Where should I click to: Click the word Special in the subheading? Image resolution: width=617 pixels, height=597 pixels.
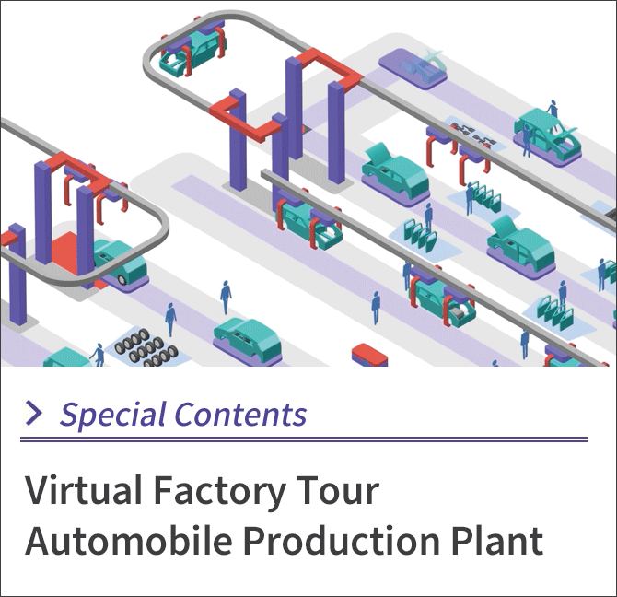pos(112,415)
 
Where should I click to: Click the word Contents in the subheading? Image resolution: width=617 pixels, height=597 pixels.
pos(240,414)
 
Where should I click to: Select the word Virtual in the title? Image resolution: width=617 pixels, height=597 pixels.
pos(84,490)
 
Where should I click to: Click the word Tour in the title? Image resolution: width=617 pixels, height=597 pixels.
pos(337,490)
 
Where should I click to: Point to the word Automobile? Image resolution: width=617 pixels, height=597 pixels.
pos(129,539)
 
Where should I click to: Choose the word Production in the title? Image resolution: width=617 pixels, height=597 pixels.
pos(341,539)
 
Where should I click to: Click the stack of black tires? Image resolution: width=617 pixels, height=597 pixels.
pos(146,348)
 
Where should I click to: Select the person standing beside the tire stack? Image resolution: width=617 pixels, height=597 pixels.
pos(99,354)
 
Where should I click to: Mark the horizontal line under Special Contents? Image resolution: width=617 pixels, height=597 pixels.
pos(304,439)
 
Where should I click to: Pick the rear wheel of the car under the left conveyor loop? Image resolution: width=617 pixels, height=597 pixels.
pos(122,279)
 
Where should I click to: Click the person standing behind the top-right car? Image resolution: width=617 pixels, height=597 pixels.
pos(553,111)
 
